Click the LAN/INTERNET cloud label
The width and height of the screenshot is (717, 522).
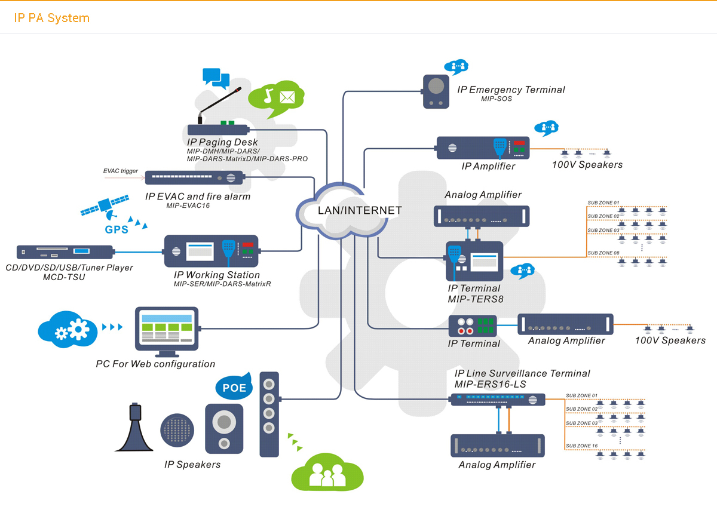click(351, 210)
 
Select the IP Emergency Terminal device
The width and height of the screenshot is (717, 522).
click(436, 91)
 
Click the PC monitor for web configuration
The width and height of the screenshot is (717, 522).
click(166, 329)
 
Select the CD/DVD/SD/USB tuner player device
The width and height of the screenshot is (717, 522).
click(65, 253)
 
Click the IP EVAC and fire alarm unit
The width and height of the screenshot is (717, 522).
click(194, 178)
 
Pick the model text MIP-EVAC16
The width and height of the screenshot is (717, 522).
click(188, 205)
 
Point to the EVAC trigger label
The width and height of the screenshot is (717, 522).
click(120, 171)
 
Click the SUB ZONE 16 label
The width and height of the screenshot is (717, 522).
click(581, 446)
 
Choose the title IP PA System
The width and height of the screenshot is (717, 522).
click(52, 18)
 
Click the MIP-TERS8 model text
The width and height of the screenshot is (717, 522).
click(476, 299)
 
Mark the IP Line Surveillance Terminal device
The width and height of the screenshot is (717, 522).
click(498, 400)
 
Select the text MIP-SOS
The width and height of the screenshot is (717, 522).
click(496, 99)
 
